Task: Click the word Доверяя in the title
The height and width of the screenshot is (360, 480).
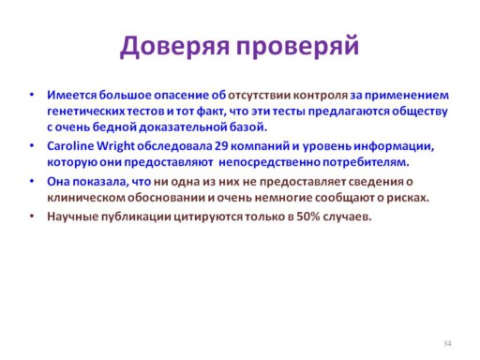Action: click(x=174, y=47)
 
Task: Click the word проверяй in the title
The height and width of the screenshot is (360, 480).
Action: click(x=297, y=47)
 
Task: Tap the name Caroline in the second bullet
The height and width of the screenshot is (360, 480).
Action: click(x=70, y=146)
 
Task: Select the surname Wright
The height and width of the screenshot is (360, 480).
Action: click(x=115, y=146)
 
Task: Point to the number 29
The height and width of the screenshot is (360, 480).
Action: click(x=221, y=146)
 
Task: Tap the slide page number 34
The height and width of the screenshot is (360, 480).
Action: click(x=447, y=343)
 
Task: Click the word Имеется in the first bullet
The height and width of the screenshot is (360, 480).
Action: click(x=72, y=95)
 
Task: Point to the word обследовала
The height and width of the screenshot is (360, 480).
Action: click(x=174, y=146)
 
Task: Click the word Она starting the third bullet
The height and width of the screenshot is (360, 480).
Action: click(x=58, y=182)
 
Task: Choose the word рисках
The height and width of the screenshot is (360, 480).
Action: click(x=408, y=198)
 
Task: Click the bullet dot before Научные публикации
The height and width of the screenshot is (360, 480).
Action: click(x=32, y=216)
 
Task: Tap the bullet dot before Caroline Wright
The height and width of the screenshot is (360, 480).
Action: click(x=32, y=145)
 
